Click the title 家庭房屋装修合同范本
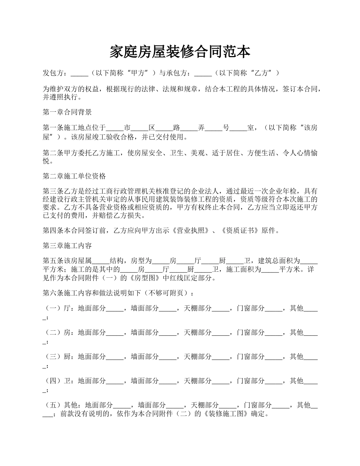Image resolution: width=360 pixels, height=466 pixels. pyautogui.click(x=180, y=52)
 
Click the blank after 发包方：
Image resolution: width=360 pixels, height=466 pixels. pyautogui.click(x=79, y=73)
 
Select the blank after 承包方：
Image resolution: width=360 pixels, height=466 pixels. pyautogui.click(x=203, y=73)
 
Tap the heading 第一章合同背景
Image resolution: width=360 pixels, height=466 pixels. pyautogui.click(x=67, y=112)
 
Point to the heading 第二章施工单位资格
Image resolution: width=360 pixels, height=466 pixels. pyautogui.click(x=74, y=176)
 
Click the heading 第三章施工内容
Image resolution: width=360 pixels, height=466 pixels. pyautogui.click(x=67, y=246)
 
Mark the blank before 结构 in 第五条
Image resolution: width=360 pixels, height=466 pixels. pyautogui.click(x=101, y=261)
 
